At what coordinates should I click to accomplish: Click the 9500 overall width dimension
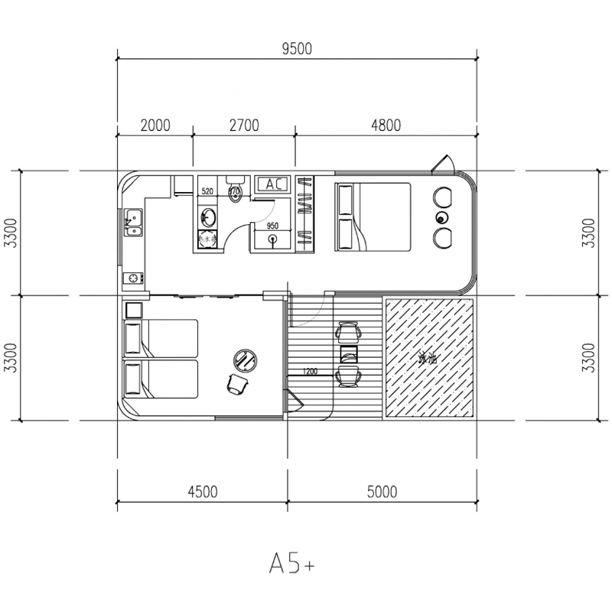(x=297, y=50)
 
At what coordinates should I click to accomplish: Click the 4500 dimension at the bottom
(x=202, y=491)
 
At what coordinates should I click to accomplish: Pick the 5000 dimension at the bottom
(x=381, y=491)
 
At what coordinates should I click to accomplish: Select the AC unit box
(x=272, y=184)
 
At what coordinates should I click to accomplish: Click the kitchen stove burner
(x=135, y=278)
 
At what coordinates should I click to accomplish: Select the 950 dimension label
(x=272, y=226)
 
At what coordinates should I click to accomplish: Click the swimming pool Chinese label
(x=428, y=357)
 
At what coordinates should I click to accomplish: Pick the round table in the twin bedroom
(x=246, y=357)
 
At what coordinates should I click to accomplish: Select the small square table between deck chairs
(x=348, y=354)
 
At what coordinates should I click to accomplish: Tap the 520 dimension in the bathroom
(x=207, y=190)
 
